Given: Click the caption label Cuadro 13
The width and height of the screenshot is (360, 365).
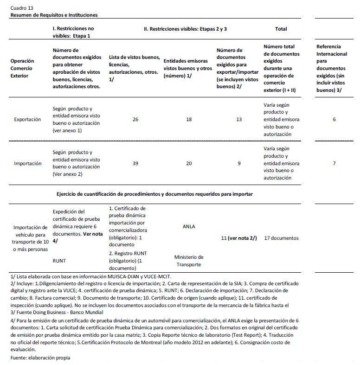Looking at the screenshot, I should coord(22,8).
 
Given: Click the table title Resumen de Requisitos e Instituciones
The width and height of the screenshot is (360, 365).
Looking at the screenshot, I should coord(54,15).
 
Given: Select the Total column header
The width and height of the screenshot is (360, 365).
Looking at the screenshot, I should coord(281,29).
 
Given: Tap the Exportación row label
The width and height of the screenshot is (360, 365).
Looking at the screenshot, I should coord(27,119).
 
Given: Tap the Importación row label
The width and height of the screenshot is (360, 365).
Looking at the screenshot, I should coord(27,163).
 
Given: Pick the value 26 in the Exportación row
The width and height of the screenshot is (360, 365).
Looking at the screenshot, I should coord(135,119).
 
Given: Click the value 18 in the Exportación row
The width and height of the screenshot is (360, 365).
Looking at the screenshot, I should coord(189,119).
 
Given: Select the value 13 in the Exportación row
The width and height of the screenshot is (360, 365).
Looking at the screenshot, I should coord(239,119).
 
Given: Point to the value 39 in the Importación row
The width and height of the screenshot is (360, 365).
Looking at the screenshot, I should coord(135,163).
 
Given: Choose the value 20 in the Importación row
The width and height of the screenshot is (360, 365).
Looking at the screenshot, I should coord(189,163).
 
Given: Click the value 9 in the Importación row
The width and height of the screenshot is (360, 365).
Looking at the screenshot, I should coord(239,163).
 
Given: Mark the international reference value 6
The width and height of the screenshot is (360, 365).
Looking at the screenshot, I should coord(334,119).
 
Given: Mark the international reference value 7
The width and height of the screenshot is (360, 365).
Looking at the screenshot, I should coord(334,163).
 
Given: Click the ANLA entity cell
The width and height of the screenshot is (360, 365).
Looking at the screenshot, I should coord(189,226).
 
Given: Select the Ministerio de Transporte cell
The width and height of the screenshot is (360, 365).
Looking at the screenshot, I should coord(189,261).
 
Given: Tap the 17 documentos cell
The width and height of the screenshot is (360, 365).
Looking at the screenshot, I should coord(281,238).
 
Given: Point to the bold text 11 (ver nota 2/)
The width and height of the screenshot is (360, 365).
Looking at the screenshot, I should coord(239,238).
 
